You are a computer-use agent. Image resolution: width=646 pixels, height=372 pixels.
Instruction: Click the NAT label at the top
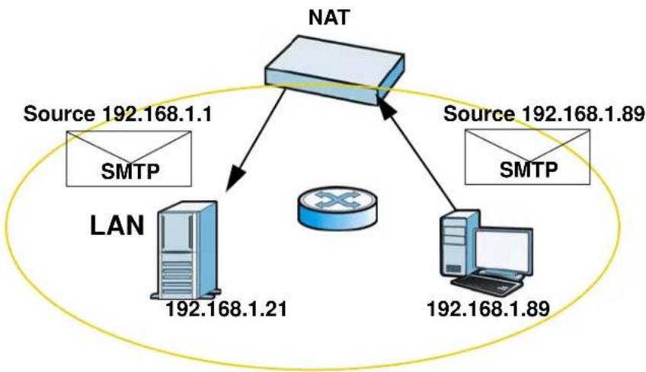pyautogui.click(x=329, y=17)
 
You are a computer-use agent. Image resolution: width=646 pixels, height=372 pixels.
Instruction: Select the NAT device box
pyautogui.click(x=334, y=70)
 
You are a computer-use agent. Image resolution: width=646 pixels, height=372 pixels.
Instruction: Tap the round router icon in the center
pyautogui.click(x=337, y=208)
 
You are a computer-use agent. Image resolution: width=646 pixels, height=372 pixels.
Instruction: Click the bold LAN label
pyautogui.click(x=117, y=226)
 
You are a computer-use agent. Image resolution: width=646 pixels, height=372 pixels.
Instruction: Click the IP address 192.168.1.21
pyautogui.click(x=225, y=309)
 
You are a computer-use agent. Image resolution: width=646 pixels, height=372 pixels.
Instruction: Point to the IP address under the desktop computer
pyautogui.click(x=488, y=309)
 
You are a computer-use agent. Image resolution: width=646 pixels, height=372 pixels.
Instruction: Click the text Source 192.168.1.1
pyautogui.click(x=118, y=114)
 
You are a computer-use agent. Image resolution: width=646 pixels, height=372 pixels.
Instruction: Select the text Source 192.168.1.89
pyautogui.click(x=544, y=113)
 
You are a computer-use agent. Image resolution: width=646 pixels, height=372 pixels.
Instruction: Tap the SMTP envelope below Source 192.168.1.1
pyautogui.click(x=129, y=158)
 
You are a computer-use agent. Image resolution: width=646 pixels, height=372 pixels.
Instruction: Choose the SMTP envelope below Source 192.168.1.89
pyautogui.click(x=527, y=157)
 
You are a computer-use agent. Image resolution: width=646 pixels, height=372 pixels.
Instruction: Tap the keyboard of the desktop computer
pyautogui.click(x=486, y=284)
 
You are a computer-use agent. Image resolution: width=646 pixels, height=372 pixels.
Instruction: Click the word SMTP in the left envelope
pyautogui.click(x=130, y=171)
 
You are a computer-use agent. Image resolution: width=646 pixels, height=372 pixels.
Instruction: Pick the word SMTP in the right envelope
pyautogui.click(x=529, y=169)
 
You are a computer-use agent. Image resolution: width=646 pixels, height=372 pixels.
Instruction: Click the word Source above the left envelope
pyautogui.click(x=59, y=114)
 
